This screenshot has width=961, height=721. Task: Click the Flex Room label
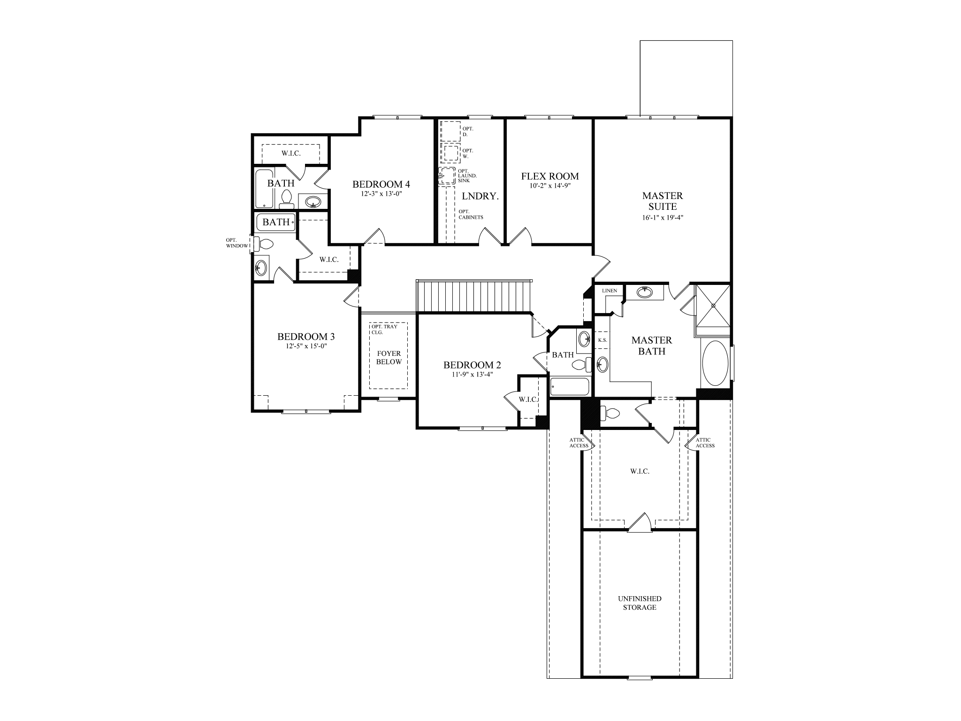550,176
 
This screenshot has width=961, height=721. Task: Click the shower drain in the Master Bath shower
713,306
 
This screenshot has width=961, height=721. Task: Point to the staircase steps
474,296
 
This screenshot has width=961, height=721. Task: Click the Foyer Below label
389,358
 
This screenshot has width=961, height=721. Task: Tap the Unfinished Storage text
639,603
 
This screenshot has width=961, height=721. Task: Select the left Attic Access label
579,443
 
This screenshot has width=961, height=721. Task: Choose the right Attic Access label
705,443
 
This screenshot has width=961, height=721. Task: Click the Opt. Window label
236,243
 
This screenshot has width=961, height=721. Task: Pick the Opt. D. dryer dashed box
450,131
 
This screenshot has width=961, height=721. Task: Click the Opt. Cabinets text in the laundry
471,214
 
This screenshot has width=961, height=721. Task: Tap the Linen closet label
609,291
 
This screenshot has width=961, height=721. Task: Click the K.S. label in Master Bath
603,340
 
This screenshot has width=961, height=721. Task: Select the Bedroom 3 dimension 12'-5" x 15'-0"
305,346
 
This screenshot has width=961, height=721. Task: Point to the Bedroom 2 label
472,365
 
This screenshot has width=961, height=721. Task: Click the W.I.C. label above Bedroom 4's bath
291,153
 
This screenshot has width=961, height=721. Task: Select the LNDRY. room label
480,197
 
